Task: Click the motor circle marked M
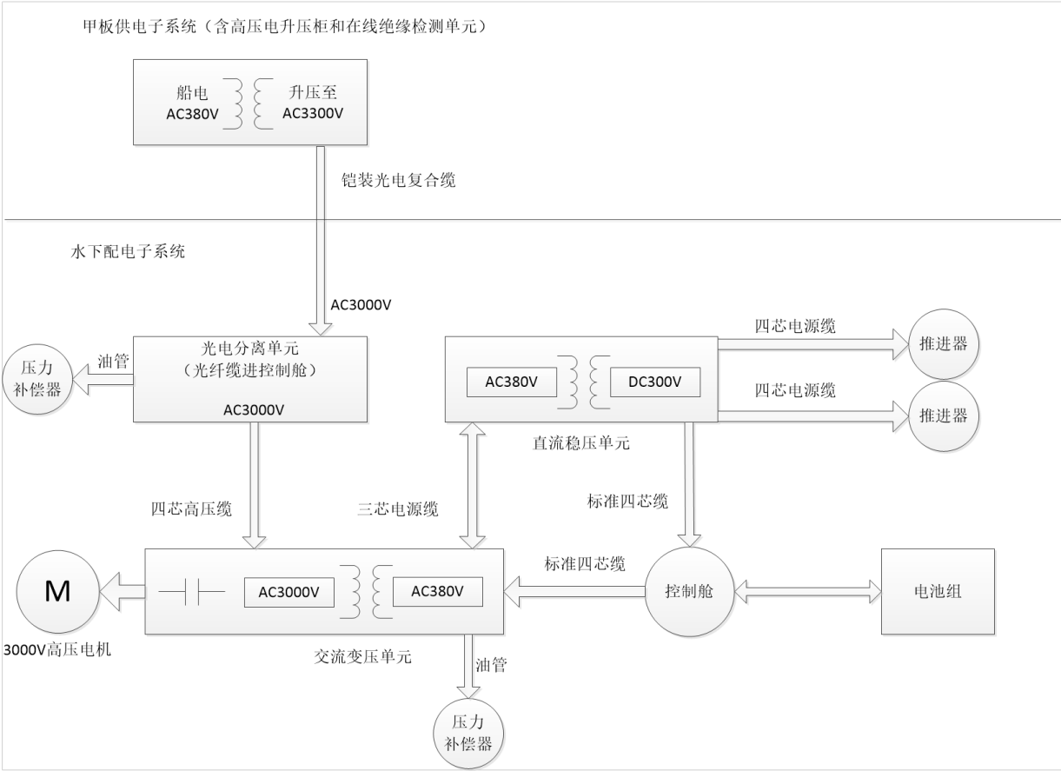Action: pos(58,591)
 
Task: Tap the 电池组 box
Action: pos(938,591)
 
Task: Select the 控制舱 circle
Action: pos(689,591)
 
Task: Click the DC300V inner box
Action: pos(655,382)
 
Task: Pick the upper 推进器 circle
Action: pos(944,344)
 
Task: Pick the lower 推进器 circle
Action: pos(944,416)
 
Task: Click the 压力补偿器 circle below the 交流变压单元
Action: pos(468,733)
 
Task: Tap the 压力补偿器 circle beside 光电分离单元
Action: pos(37,379)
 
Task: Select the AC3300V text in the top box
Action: pos(313,114)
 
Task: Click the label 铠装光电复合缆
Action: pos(398,180)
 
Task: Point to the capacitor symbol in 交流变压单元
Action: pos(192,591)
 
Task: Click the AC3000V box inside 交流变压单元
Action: pos(289,592)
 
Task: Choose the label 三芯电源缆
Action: pos(398,509)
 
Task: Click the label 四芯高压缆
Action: pos(191,509)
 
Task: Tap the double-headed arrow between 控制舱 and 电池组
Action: pos(807,591)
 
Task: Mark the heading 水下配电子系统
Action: pos(128,251)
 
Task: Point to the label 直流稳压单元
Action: pos(581,443)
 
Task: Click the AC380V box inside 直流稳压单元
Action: pos(512,382)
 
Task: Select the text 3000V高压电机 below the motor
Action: pos(57,649)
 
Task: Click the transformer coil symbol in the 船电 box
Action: pos(249,103)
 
